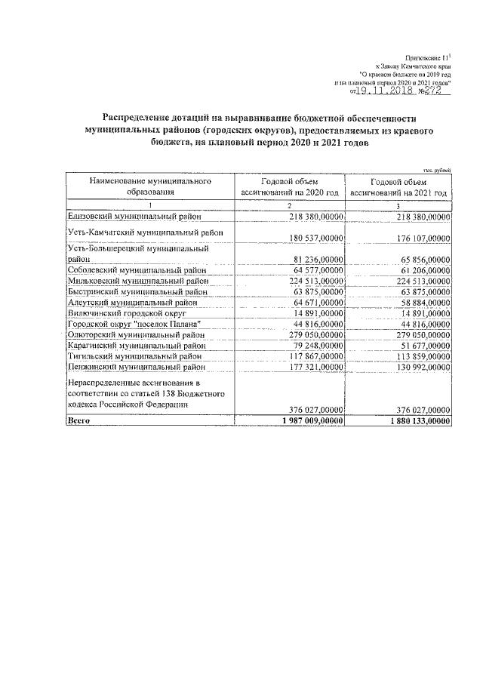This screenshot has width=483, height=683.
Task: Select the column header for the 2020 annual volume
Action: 289,187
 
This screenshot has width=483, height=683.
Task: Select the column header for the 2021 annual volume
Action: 399,187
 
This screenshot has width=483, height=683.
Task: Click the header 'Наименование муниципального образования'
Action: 149,187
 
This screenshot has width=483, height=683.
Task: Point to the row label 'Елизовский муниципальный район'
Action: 134,217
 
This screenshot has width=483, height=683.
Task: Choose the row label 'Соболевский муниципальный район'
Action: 137,269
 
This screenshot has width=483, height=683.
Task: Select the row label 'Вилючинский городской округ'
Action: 126,312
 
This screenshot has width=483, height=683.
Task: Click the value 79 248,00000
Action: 315,344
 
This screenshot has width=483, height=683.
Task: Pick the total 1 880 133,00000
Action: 416,420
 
